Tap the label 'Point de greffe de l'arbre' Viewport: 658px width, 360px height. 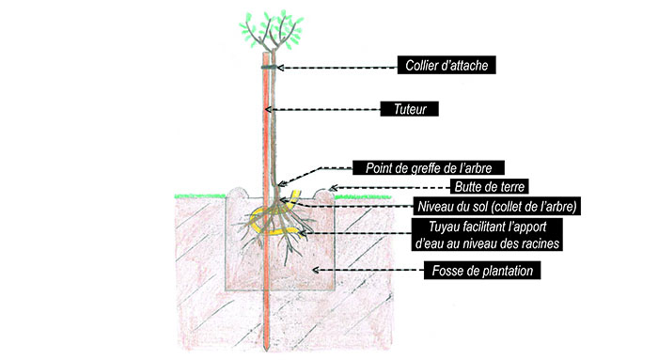coord(429,168)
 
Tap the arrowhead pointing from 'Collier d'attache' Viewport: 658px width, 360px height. coord(279,68)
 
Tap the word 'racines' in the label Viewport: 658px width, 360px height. coord(542,244)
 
